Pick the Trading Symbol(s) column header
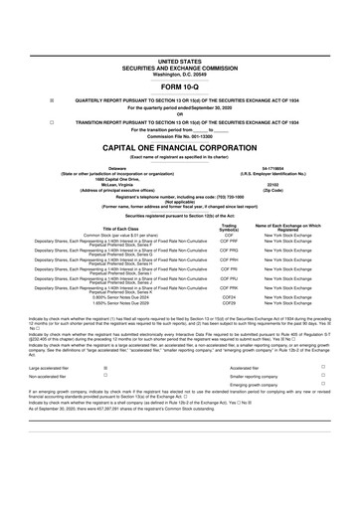tap(229, 227)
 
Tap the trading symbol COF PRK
tap(229, 288)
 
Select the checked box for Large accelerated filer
tap(106, 367)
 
